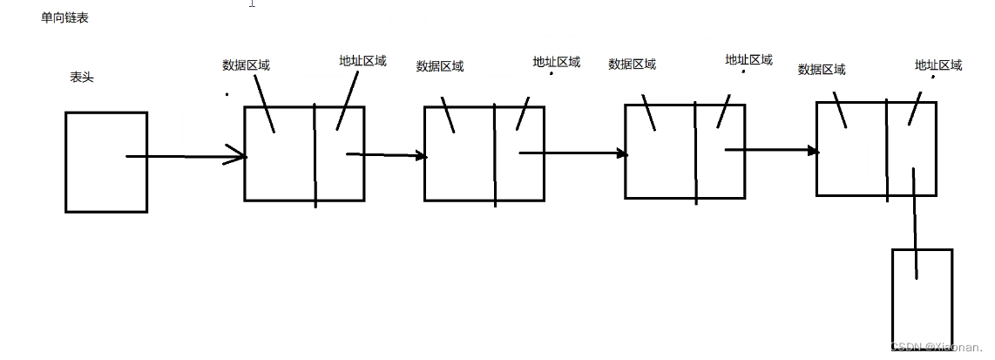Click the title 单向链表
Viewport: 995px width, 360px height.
(x=64, y=18)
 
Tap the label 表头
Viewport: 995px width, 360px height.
(x=82, y=78)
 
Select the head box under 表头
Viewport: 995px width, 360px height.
(x=106, y=162)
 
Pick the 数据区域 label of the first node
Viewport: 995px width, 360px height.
(x=247, y=65)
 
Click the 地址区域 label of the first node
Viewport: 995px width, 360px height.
(x=362, y=61)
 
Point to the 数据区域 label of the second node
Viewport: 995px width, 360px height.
(x=440, y=66)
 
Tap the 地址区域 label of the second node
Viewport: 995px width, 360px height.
(x=557, y=62)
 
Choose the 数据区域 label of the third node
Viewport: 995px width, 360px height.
(x=633, y=64)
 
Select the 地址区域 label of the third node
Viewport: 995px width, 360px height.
(x=749, y=60)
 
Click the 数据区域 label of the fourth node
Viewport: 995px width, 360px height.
(x=822, y=70)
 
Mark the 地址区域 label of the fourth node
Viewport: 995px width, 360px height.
(x=938, y=65)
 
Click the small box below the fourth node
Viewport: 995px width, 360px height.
(x=922, y=299)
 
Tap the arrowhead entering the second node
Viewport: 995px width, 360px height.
(x=423, y=156)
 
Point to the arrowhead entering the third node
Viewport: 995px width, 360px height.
(x=622, y=153)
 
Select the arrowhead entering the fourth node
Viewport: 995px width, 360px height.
(x=814, y=151)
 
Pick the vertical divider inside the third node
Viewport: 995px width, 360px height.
(x=695, y=153)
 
